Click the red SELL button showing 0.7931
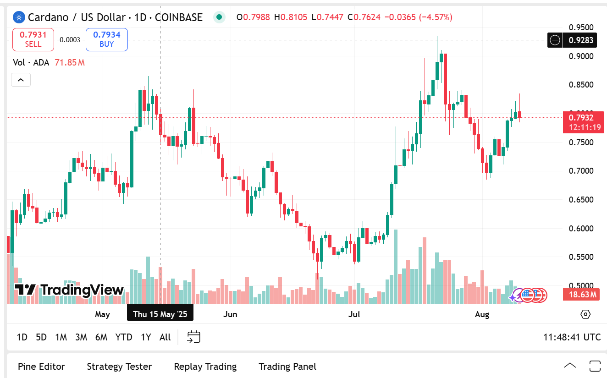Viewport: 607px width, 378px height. point(33,39)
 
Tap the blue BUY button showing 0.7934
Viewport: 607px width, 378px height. point(107,39)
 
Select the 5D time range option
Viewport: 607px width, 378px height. point(41,337)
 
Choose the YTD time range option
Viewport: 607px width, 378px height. point(124,337)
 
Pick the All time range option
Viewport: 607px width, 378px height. point(165,337)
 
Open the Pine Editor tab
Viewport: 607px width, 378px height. point(41,367)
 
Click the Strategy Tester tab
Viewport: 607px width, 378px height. point(119,367)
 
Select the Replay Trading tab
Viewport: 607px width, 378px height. point(205,367)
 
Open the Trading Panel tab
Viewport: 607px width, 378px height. point(287,367)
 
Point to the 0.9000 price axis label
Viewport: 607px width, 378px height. point(581,56)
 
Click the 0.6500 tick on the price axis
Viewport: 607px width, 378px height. point(581,200)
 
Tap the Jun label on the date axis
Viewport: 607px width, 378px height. point(230,314)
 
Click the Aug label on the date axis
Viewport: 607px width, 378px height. point(482,314)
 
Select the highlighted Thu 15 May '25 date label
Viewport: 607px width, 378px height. point(160,314)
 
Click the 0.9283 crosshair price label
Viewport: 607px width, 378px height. point(581,40)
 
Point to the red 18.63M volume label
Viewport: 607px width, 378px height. point(581,295)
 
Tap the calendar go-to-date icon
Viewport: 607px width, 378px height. point(193,337)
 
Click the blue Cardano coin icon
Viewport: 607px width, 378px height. point(19,17)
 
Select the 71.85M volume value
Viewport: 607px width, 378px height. point(70,62)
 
